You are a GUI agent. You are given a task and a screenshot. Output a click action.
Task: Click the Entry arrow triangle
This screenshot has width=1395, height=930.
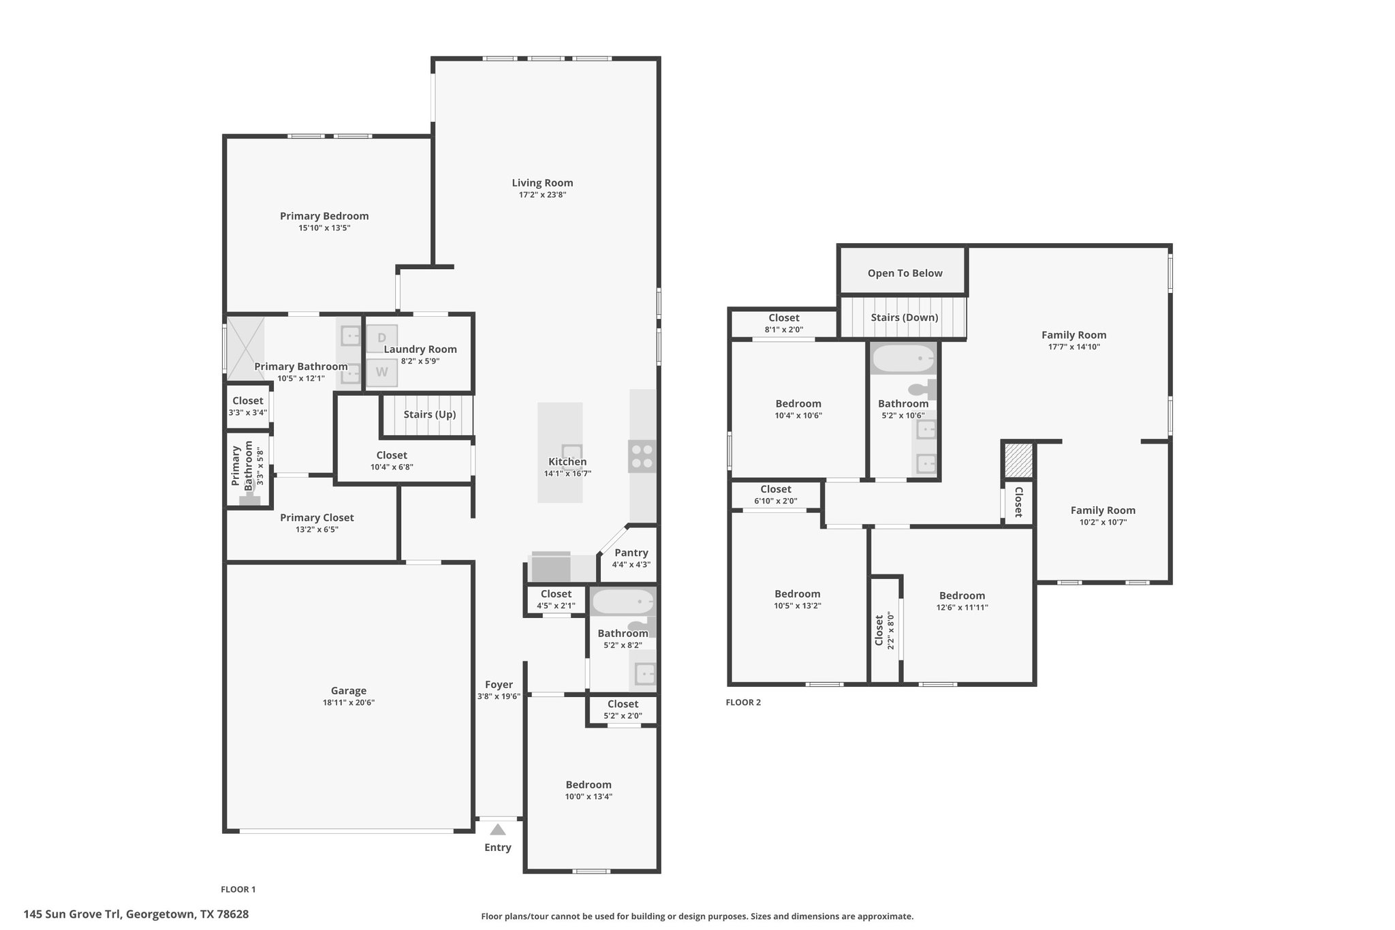point(498,829)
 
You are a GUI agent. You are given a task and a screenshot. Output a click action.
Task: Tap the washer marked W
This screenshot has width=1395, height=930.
point(381,372)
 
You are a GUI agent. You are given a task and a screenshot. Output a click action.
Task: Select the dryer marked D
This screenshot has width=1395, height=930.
point(381,338)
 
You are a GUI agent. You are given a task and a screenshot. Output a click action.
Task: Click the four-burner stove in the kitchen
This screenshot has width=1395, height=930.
point(642,456)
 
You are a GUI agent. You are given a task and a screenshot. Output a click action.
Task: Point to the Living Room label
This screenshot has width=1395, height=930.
point(542,183)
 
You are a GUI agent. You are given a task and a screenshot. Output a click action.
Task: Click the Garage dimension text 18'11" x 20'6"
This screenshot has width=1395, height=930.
point(349,702)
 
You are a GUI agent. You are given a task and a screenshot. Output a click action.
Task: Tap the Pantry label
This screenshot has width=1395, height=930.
point(631,553)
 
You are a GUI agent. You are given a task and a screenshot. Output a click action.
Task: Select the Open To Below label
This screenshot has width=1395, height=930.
point(905,273)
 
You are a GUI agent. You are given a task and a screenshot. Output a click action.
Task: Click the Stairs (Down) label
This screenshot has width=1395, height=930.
point(905,317)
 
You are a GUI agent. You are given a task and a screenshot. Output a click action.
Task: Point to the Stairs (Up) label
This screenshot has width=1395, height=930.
point(429,414)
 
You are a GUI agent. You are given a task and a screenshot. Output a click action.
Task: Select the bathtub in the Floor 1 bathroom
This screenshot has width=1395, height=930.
point(623,602)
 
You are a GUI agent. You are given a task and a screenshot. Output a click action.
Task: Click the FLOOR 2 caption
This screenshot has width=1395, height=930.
point(743,702)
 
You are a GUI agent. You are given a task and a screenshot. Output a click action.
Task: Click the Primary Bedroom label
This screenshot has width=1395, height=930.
point(324,216)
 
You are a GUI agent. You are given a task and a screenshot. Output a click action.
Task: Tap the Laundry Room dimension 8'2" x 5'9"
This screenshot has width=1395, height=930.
point(420,361)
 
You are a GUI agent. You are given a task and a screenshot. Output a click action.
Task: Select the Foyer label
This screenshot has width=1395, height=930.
point(499,685)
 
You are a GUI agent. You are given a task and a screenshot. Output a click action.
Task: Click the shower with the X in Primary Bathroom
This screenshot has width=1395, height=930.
point(245,347)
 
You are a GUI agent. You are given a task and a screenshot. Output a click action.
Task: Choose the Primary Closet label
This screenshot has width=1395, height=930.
point(317,518)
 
